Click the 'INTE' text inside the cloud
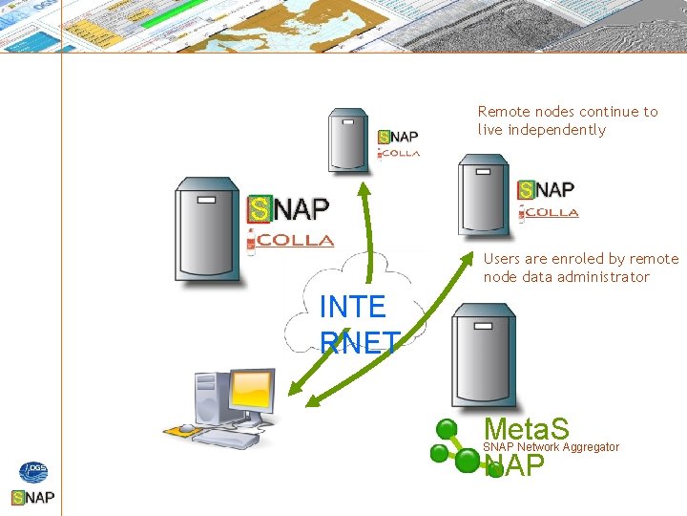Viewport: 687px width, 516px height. point(352,308)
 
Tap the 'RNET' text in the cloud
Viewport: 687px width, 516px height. point(359,342)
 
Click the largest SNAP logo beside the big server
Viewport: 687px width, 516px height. point(288,208)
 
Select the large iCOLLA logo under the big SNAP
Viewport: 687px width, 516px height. point(290,241)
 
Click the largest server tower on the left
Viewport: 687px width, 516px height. point(207,230)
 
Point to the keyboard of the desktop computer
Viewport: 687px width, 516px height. point(225,439)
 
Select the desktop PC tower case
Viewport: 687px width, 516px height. point(207,399)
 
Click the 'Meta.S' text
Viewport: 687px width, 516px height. point(527,428)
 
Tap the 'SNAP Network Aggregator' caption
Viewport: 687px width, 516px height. point(552,447)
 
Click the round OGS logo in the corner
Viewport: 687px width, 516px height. point(32,472)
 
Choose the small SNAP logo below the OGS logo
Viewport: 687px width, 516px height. point(32,498)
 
